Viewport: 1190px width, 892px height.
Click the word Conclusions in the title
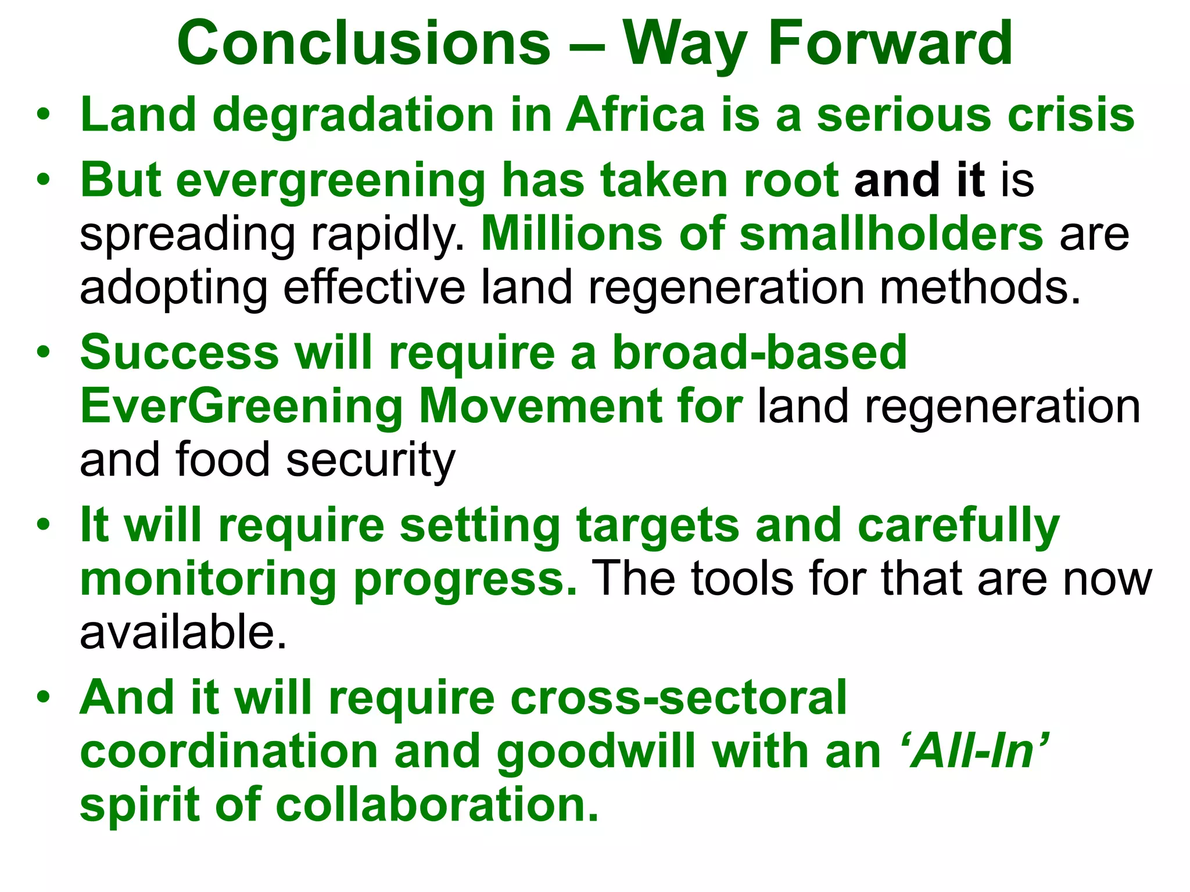pos(363,44)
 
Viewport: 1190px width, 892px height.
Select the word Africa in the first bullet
pos(635,114)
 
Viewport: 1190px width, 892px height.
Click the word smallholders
pos(891,233)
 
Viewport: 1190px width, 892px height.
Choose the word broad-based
pos(759,353)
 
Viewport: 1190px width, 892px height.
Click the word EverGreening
pos(241,406)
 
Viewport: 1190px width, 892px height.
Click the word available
pos(182,632)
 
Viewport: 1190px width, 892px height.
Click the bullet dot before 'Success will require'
pos(43,353)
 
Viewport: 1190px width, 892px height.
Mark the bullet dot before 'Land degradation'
pos(43,114)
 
